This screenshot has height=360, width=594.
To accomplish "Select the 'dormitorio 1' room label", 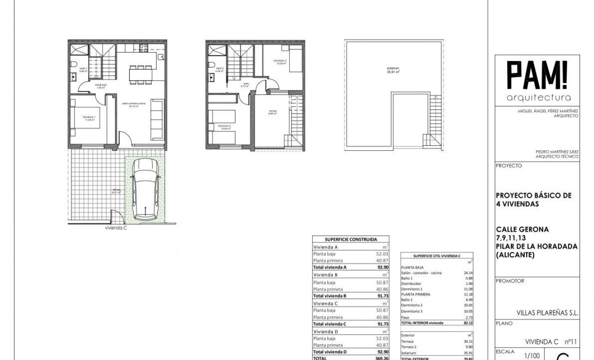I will [x=88, y=118].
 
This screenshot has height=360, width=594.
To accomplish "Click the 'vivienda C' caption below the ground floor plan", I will [x=116, y=228].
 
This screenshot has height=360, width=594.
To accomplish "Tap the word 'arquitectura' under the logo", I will [x=539, y=97].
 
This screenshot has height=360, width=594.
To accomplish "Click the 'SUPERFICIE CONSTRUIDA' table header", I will [x=351, y=239].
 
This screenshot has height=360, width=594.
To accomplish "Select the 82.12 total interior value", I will [x=468, y=323].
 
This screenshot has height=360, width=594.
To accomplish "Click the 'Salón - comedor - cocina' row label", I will [x=421, y=273].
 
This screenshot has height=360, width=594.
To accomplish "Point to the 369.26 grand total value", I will [x=382, y=358].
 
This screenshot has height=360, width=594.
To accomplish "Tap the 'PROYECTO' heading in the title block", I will [x=508, y=166].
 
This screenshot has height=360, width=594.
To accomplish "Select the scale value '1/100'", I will [x=531, y=355].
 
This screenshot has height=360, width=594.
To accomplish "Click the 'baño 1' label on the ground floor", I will [x=83, y=69].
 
